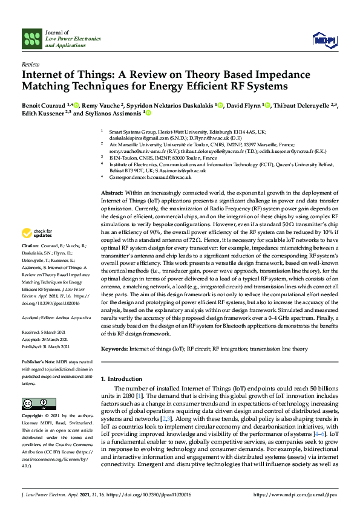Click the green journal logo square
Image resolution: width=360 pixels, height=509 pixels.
(31, 39)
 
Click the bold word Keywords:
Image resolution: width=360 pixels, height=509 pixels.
(114, 349)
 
